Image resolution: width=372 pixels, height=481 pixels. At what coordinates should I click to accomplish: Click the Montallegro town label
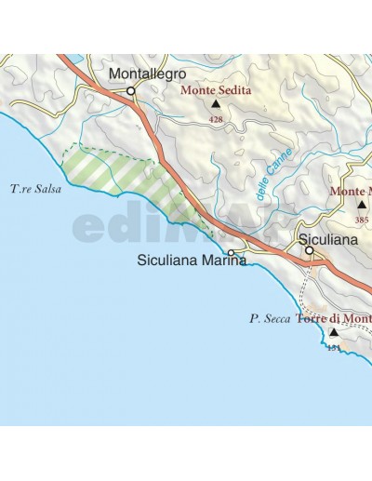tap(147, 73)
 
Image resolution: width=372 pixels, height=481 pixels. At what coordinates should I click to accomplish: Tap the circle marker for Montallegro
tap(131, 91)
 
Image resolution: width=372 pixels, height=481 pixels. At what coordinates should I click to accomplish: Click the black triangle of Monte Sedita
tap(216, 106)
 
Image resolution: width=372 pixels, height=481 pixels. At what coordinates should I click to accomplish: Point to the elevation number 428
tap(216, 120)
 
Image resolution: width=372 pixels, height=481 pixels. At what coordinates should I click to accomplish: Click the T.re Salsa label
tap(35, 190)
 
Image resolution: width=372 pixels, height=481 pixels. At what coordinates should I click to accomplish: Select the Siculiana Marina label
tap(191, 261)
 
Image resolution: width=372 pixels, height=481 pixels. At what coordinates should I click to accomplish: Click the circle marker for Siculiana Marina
tap(231, 252)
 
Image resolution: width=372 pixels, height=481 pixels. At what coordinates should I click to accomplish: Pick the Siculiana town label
tap(329, 239)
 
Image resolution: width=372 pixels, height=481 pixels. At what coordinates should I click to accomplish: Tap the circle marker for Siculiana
tap(310, 249)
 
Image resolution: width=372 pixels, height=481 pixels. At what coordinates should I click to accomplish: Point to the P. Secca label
tap(270, 318)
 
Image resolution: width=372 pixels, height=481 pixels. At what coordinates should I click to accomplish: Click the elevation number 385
tap(362, 220)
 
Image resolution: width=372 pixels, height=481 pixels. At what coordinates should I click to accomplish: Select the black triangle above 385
tap(362, 205)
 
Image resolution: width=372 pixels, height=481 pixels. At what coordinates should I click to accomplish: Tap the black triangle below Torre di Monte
tap(333, 332)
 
